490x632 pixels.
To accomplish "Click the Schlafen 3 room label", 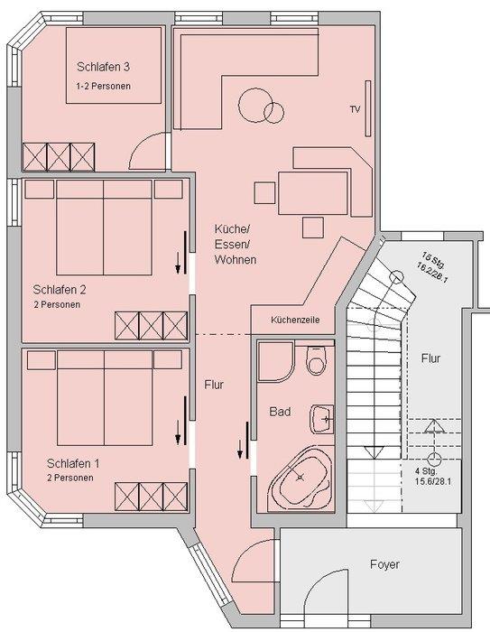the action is click(x=103, y=67).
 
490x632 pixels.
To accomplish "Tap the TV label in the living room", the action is click(x=355, y=109).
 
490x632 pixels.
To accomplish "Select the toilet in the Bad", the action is click(x=316, y=360).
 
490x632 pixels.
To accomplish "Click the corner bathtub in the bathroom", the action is click(x=300, y=478).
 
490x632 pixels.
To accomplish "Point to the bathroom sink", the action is click(x=321, y=419).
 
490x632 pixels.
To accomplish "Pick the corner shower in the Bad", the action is click(x=276, y=361).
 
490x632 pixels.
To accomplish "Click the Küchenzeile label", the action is click(x=295, y=320).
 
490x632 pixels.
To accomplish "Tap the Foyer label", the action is click(x=384, y=564).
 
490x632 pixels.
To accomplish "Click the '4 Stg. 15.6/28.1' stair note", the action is click(x=433, y=476).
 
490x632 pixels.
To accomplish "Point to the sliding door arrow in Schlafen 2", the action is click(x=178, y=263).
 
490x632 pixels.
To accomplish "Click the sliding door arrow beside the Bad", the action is click(x=240, y=449).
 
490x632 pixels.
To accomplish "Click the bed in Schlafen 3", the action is click(x=114, y=65).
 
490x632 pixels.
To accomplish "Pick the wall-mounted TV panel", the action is click(x=368, y=108).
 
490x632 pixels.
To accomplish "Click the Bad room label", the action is click(x=280, y=412).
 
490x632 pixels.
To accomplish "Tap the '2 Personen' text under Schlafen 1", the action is click(x=70, y=478).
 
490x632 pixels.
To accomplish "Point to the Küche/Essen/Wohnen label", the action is click(x=236, y=245).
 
